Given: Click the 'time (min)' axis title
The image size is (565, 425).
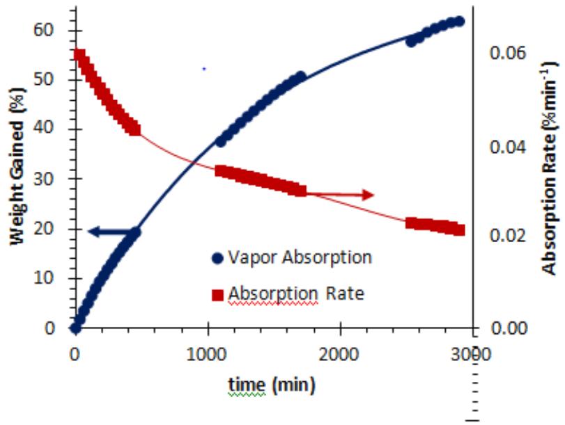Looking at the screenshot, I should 272,384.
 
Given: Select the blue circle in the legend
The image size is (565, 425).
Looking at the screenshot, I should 217,258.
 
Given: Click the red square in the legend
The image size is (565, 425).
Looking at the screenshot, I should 217,294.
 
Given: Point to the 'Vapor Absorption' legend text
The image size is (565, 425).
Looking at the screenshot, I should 300,257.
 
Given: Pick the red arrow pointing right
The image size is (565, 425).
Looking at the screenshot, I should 341,195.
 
